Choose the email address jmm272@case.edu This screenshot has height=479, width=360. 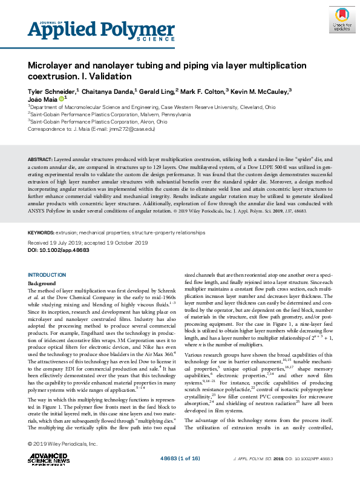coord(129,128)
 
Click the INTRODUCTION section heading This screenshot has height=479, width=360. coord(48,275)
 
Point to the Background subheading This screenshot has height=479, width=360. coord(42,283)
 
